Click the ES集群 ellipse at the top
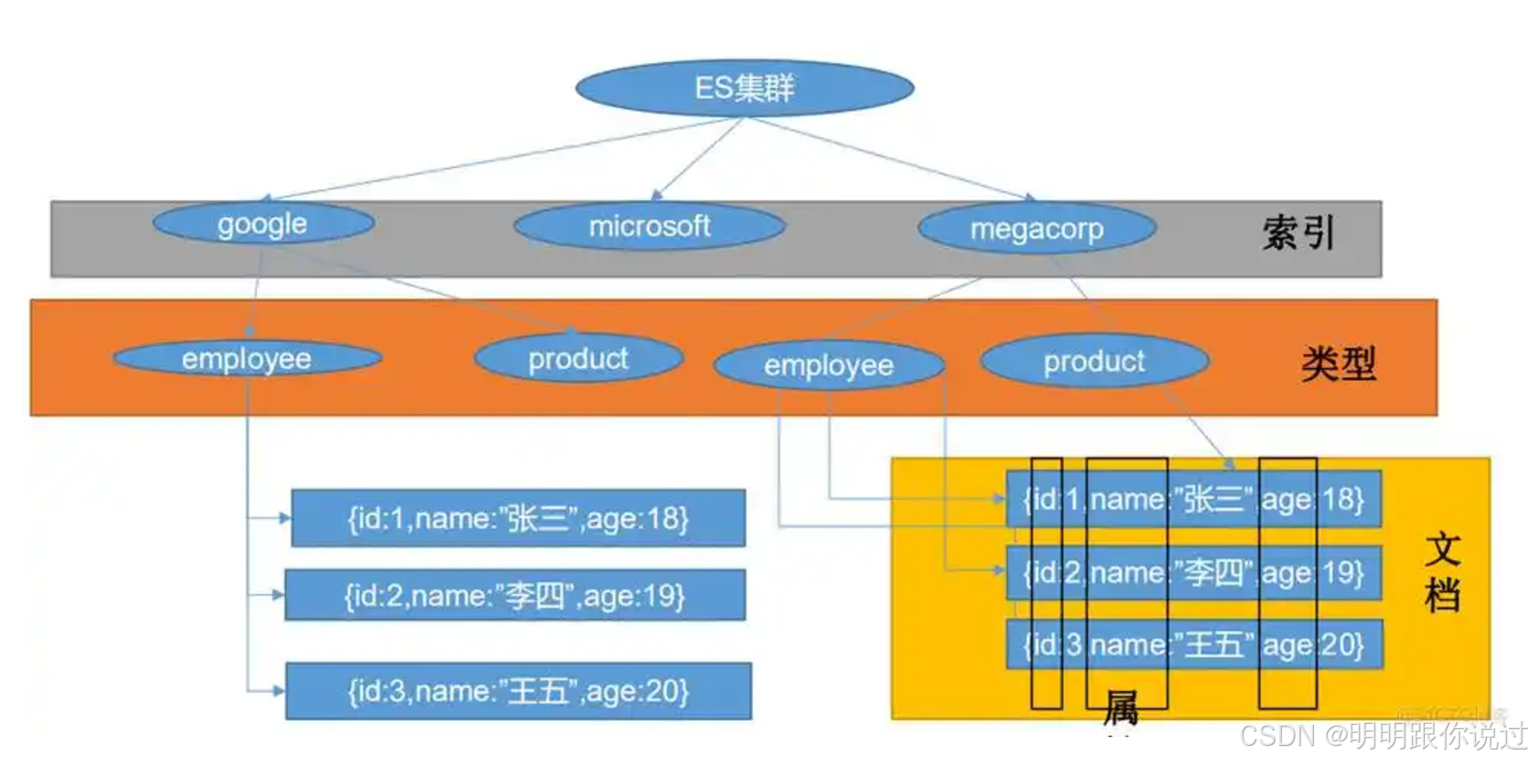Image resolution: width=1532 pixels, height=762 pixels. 745,88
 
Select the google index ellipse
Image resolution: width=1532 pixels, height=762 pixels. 263,224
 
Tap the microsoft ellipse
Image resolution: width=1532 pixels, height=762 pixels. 650,226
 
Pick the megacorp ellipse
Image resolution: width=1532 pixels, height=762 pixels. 1036,229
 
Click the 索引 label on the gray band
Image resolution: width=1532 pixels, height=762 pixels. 1298,232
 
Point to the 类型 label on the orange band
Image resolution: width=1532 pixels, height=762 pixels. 1339,364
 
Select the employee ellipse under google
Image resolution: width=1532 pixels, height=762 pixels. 247,358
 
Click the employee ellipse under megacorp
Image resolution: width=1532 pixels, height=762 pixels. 829,365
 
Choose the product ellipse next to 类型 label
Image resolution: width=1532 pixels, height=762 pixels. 1094,361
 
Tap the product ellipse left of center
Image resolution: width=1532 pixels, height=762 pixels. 578,358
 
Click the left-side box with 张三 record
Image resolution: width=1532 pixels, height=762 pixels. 519,518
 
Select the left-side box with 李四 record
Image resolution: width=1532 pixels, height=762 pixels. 515,595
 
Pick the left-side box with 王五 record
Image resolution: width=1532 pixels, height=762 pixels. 519,690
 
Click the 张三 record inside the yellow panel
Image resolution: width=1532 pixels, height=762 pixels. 1193,499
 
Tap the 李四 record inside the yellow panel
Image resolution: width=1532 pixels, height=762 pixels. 1193,572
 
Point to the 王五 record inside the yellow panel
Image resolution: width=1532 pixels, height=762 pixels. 1193,644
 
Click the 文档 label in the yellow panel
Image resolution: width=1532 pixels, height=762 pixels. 1442,572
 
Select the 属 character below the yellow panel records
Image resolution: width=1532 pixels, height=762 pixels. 1121,708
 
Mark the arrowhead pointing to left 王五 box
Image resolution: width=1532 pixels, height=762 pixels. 278,690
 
